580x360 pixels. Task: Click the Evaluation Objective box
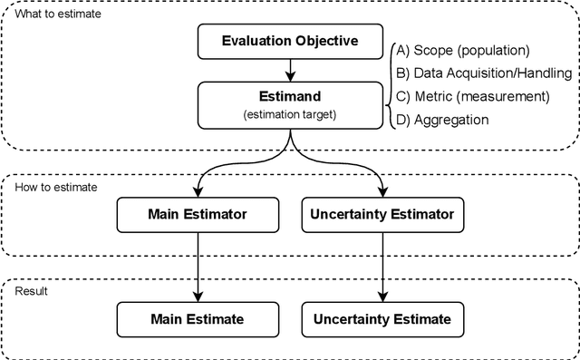(x=289, y=40)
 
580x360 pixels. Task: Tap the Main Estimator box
(x=198, y=216)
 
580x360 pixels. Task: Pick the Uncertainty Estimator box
(x=382, y=216)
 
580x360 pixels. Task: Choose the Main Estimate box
(x=198, y=318)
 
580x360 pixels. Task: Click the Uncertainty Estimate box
(x=382, y=318)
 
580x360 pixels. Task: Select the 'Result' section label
(x=33, y=290)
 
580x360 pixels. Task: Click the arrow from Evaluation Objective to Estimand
(x=289, y=70)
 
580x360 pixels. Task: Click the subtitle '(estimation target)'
(x=289, y=114)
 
